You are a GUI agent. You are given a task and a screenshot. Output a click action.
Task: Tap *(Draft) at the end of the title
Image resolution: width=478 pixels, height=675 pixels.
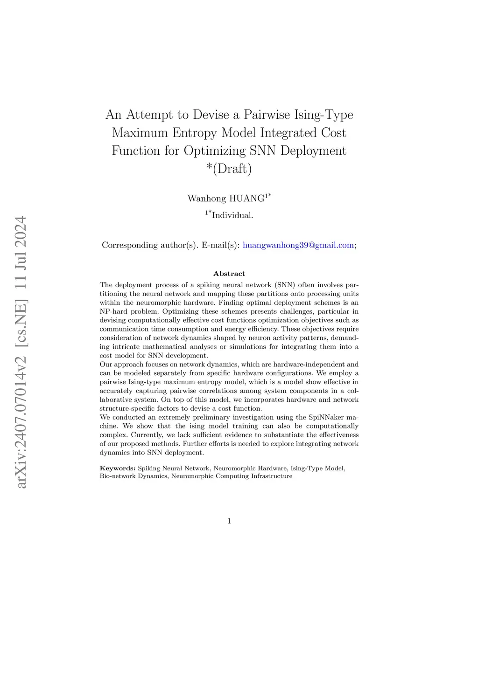coord(229,168)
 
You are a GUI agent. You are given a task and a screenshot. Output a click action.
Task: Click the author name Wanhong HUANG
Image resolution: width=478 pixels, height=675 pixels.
coord(226,199)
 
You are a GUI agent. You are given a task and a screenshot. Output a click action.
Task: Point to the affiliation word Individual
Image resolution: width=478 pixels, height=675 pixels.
coord(232,215)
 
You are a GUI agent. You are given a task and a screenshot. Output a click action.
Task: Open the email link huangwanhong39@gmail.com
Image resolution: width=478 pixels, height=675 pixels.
coord(298,245)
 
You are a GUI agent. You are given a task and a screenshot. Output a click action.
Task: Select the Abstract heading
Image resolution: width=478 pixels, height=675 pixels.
coord(229,274)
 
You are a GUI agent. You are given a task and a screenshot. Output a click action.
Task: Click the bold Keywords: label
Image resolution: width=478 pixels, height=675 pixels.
coord(117,468)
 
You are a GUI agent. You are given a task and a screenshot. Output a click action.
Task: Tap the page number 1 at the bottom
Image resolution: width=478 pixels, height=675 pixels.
coord(229,521)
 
